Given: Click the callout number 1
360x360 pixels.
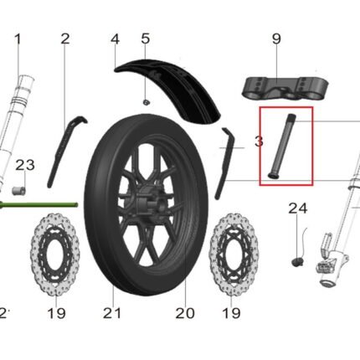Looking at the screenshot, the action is click(x=18, y=39).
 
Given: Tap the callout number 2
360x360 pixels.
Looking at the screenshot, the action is click(x=65, y=39).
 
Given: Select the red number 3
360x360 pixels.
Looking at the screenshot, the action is click(x=259, y=141).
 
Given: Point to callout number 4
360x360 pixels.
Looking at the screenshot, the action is click(x=115, y=39).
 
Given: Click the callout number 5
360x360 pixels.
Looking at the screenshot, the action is click(x=146, y=39).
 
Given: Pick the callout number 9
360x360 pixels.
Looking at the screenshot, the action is click(x=276, y=39).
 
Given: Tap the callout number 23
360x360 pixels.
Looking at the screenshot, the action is click(x=25, y=165).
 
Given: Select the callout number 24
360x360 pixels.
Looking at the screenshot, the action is click(x=298, y=208).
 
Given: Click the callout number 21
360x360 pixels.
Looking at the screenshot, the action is click(x=112, y=313).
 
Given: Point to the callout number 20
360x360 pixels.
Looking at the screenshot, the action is click(x=185, y=313).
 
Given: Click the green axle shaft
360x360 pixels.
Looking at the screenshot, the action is click(x=39, y=205).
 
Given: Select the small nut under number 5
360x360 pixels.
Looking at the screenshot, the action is click(x=146, y=102).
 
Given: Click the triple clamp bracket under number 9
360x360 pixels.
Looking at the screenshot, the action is click(x=285, y=87).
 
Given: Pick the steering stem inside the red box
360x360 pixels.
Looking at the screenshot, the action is click(x=281, y=146).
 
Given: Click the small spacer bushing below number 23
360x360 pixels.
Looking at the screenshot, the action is click(x=18, y=191).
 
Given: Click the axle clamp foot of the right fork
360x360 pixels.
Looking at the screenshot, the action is click(x=332, y=262).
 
